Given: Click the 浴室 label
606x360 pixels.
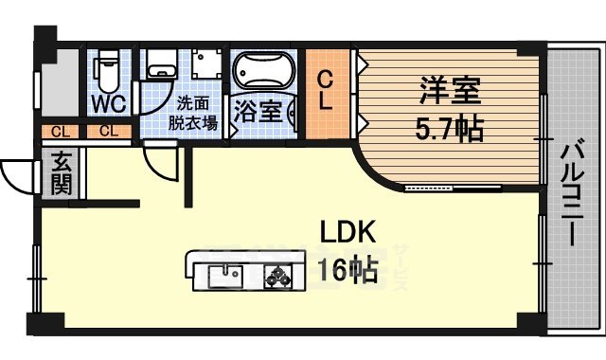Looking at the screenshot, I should click(258, 110).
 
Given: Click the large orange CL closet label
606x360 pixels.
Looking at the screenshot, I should click(325, 91).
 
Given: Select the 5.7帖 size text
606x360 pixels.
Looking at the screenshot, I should click(452, 127).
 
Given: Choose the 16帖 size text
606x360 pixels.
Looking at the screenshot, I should click(348, 271).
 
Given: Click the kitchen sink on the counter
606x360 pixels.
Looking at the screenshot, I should click(225, 277).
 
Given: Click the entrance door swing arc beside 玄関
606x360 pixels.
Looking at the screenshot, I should click(19, 174).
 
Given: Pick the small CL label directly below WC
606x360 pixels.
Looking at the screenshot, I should click(109, 131).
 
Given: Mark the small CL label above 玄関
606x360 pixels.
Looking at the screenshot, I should click(59, 131).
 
